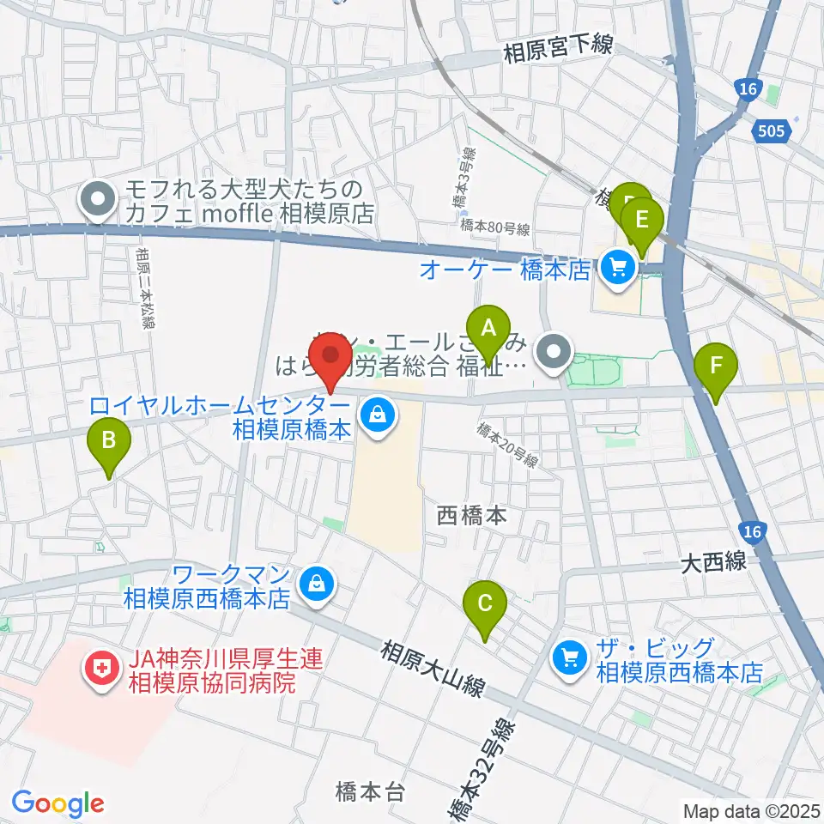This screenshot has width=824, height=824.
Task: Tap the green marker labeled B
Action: [x=109, y=443]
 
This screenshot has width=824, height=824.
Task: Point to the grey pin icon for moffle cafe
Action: [x=96, y=202]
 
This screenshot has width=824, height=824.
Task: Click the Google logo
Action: [x=58, y=803]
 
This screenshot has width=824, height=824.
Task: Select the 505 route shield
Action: [x=773, y=131]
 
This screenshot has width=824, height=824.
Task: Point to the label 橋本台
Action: [x=370, y=791]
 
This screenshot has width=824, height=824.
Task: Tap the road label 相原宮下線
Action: [x=558, y=50]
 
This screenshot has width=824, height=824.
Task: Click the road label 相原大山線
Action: [x=433, y=665]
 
